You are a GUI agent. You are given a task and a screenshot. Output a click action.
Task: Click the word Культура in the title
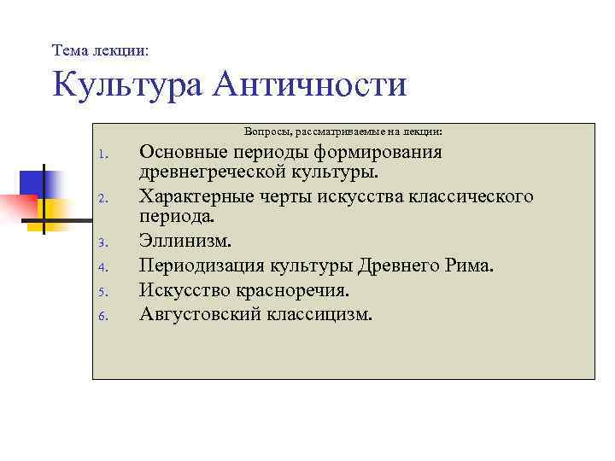click(x=126, y=85)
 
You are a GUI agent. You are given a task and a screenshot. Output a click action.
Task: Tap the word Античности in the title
click(x=312, y=85)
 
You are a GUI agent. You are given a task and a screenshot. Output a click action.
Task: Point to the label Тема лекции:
click(x=100, y=51)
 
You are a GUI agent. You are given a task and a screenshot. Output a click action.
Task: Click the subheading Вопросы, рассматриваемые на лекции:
click(x=343, y=132)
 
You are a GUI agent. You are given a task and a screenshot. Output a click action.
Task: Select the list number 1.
click(x=101, y=155)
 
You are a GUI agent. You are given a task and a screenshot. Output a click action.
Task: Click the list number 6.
click(x=101, y=316)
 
